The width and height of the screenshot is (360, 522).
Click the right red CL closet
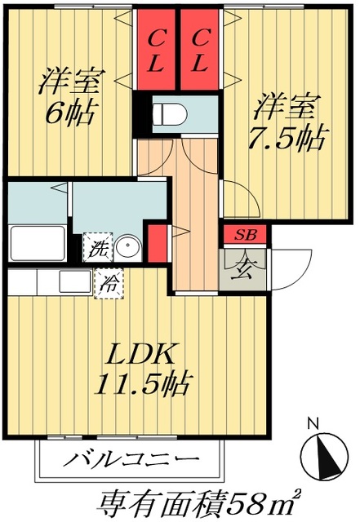tap(200, 50)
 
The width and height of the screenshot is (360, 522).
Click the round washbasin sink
tap(127, 247)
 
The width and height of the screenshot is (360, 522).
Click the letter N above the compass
tap(313, 423)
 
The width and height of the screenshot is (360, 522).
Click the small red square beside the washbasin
tap(158, 243)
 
